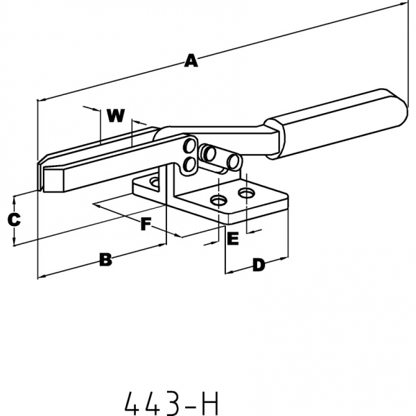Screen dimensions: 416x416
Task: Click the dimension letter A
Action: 191,62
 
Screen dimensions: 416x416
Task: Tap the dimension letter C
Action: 14,220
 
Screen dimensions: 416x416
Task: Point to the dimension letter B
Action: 105,261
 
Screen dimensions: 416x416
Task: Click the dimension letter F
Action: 146,224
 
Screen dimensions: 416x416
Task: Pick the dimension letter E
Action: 233,239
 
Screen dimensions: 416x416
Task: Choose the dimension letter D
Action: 258,264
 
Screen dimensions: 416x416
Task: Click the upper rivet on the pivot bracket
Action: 189,146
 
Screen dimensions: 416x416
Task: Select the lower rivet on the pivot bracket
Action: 188,164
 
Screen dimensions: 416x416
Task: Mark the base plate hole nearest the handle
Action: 246,191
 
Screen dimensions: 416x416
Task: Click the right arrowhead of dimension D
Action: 285,259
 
